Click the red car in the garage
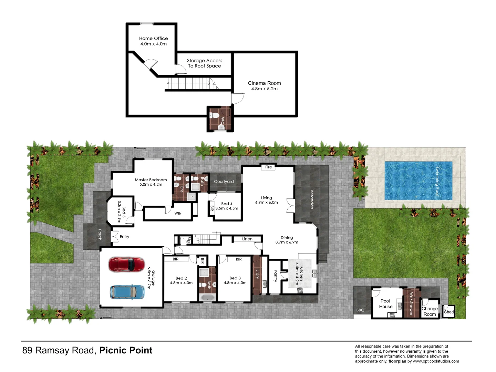click(x=127, y=265)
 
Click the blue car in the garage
click(x=127, y=292)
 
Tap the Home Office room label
click(x=153, y=39)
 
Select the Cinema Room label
click(x=264, y=83)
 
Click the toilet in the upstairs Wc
click(x=215, y=115)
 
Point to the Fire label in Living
click(x=269, y=167)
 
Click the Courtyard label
click(x=224, y=182)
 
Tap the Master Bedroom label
click(x=151, y=180)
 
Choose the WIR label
click(x=178, y=213)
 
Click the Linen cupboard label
click(x=247, y=239)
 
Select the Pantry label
click(x=275, y=276)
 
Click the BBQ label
click(x=360, y=310)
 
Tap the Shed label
click(x=449, y=312)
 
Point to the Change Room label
click(x=430, y=311)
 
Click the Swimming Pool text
click(x=437, y=181)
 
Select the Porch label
click(x=100, y=235)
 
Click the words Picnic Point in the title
click(x=126, y=351)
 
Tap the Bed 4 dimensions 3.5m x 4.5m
click(x=227, y=208)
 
